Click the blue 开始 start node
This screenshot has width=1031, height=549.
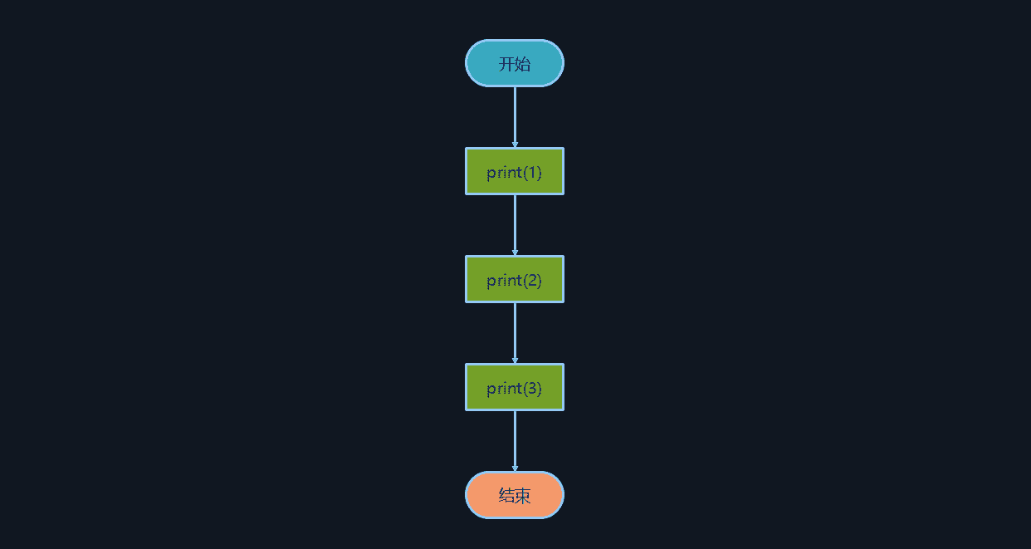515,63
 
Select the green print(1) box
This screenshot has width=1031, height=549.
515,171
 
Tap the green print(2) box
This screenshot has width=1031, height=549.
515,279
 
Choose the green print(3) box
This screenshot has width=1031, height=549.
515,387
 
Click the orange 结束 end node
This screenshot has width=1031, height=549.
515,495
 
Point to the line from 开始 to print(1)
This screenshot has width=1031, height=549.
515,117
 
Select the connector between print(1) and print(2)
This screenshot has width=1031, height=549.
515,225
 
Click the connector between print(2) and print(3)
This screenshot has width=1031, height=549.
515,333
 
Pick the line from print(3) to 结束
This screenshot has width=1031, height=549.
515,441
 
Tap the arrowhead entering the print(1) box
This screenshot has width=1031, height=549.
515,145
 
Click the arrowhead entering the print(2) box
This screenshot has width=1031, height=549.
515,252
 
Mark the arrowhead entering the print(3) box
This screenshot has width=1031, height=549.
515,360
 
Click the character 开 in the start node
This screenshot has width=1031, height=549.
506,64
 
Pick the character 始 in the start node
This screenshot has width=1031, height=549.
523,64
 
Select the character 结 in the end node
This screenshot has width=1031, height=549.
506,496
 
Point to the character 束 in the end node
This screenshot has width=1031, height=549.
523,496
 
